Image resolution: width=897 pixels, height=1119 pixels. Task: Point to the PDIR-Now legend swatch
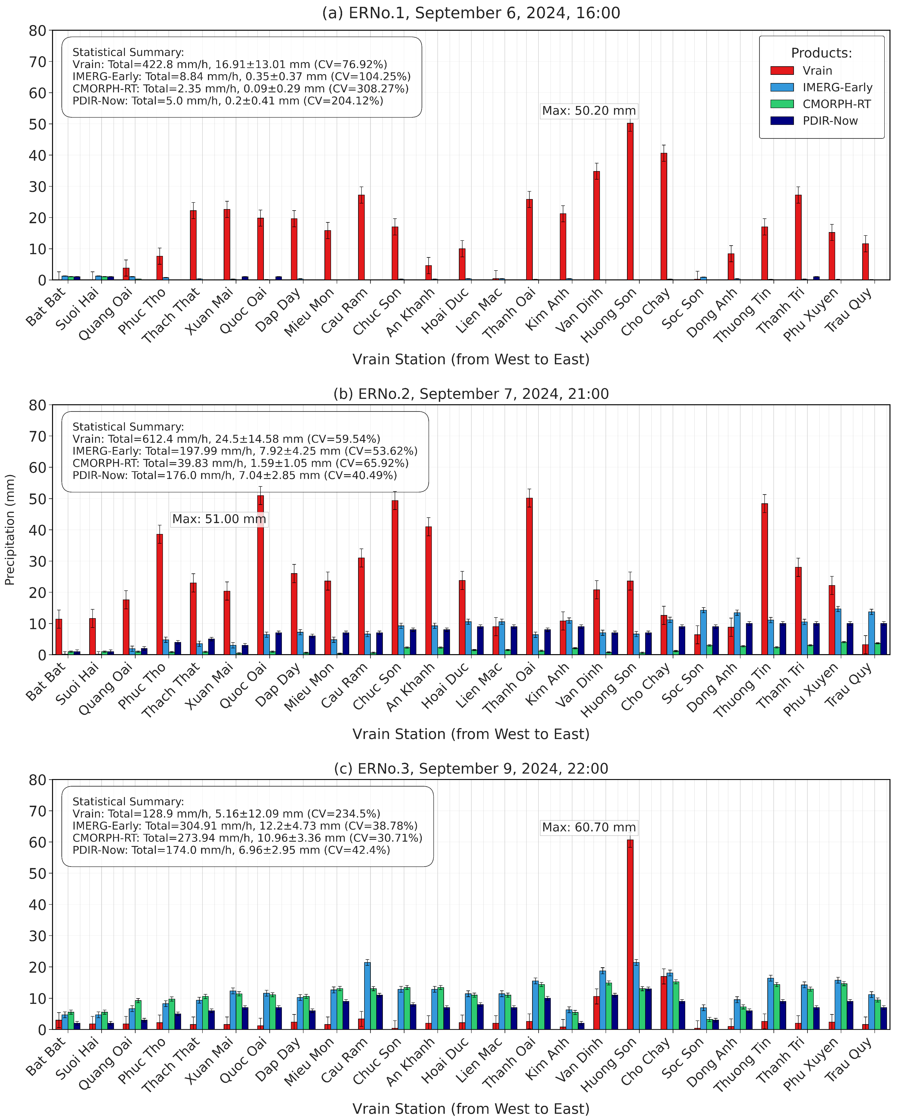pyautogui.click(x=782, y=121)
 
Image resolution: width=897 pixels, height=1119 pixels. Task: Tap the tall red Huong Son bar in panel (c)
pyautogui.click(x=630, y=934)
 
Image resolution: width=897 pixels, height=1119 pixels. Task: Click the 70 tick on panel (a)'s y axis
pyautogui.click(x=38, y=62)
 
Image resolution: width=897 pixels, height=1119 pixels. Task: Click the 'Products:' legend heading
pyautogui.click(x=821, y=53)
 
